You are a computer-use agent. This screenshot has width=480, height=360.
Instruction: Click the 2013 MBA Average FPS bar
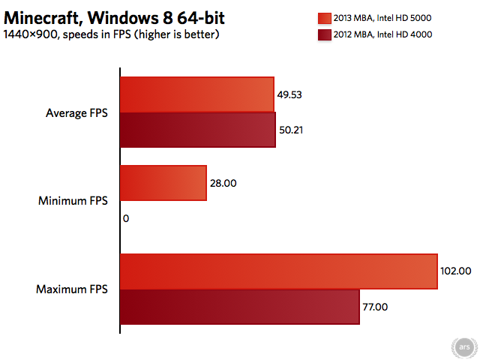197,94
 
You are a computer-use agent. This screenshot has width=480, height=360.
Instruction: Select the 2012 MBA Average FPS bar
198,130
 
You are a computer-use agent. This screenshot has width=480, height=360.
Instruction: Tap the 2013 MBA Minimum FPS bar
163,183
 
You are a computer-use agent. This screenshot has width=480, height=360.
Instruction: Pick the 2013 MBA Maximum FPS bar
279,271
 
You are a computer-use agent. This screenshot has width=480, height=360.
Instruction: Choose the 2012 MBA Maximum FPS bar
240,307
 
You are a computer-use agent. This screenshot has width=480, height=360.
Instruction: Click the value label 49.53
289,95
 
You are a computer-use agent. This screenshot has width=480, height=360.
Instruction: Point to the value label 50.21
291,130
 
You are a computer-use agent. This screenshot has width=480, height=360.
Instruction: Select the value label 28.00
223,183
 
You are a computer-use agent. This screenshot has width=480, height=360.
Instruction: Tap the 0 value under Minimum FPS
126,218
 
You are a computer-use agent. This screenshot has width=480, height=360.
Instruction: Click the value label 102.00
455,271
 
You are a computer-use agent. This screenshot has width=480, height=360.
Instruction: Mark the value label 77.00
375,307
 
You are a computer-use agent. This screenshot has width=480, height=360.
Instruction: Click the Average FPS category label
76,113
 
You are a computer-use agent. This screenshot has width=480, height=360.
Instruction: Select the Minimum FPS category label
73,201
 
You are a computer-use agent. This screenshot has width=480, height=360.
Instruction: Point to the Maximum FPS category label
72,289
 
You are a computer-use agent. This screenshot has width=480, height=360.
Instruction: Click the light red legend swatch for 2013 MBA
325,18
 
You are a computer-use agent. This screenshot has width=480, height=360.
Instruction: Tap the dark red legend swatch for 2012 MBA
325,35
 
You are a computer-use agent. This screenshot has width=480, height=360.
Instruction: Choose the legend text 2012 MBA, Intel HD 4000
382,34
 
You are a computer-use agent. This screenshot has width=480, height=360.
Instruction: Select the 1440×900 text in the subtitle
30,34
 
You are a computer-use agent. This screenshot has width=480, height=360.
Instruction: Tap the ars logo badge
464,347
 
